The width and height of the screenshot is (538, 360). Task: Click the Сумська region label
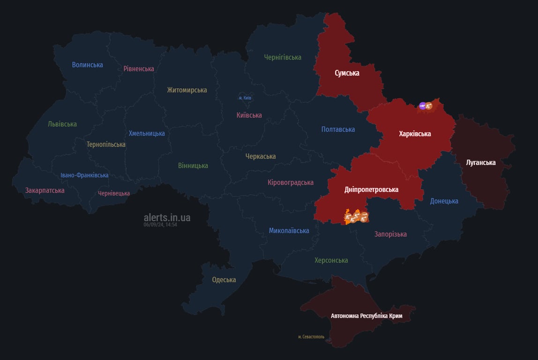(x=347, y=73)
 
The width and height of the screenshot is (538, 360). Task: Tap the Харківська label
(x=415, y=134)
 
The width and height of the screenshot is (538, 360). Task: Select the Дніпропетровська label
(x=371, y=189)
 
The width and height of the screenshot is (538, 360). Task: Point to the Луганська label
(x=481, y=163)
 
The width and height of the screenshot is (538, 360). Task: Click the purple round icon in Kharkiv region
(x=423, y=106)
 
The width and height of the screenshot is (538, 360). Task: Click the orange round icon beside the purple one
(x=429, y=106)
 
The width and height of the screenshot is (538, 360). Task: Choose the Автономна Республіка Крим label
(x=366, y=316)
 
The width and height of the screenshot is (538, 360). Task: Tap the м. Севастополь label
(x=311, y=337)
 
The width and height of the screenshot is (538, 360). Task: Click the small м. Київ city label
(x=245, y=98)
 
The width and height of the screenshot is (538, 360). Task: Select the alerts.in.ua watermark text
(x=167, y=217)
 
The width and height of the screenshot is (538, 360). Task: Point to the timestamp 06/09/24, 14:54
(x=160, y=225)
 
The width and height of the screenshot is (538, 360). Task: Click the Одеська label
(x=224, y=280)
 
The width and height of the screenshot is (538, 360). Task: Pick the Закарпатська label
(x=45, y=190)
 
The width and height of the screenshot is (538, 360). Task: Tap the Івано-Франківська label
(x=84, y=175)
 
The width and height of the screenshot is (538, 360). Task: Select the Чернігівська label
(x=283, y=57)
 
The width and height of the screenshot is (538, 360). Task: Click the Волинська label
(x=87, y=65)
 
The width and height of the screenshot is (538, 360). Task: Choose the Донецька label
(x=444, y=201)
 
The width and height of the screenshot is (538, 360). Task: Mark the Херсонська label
(x=331, y=260)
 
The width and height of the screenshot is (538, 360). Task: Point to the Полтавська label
(x=338, y=129)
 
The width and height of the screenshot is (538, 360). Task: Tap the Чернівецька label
(x=114, y=193)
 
